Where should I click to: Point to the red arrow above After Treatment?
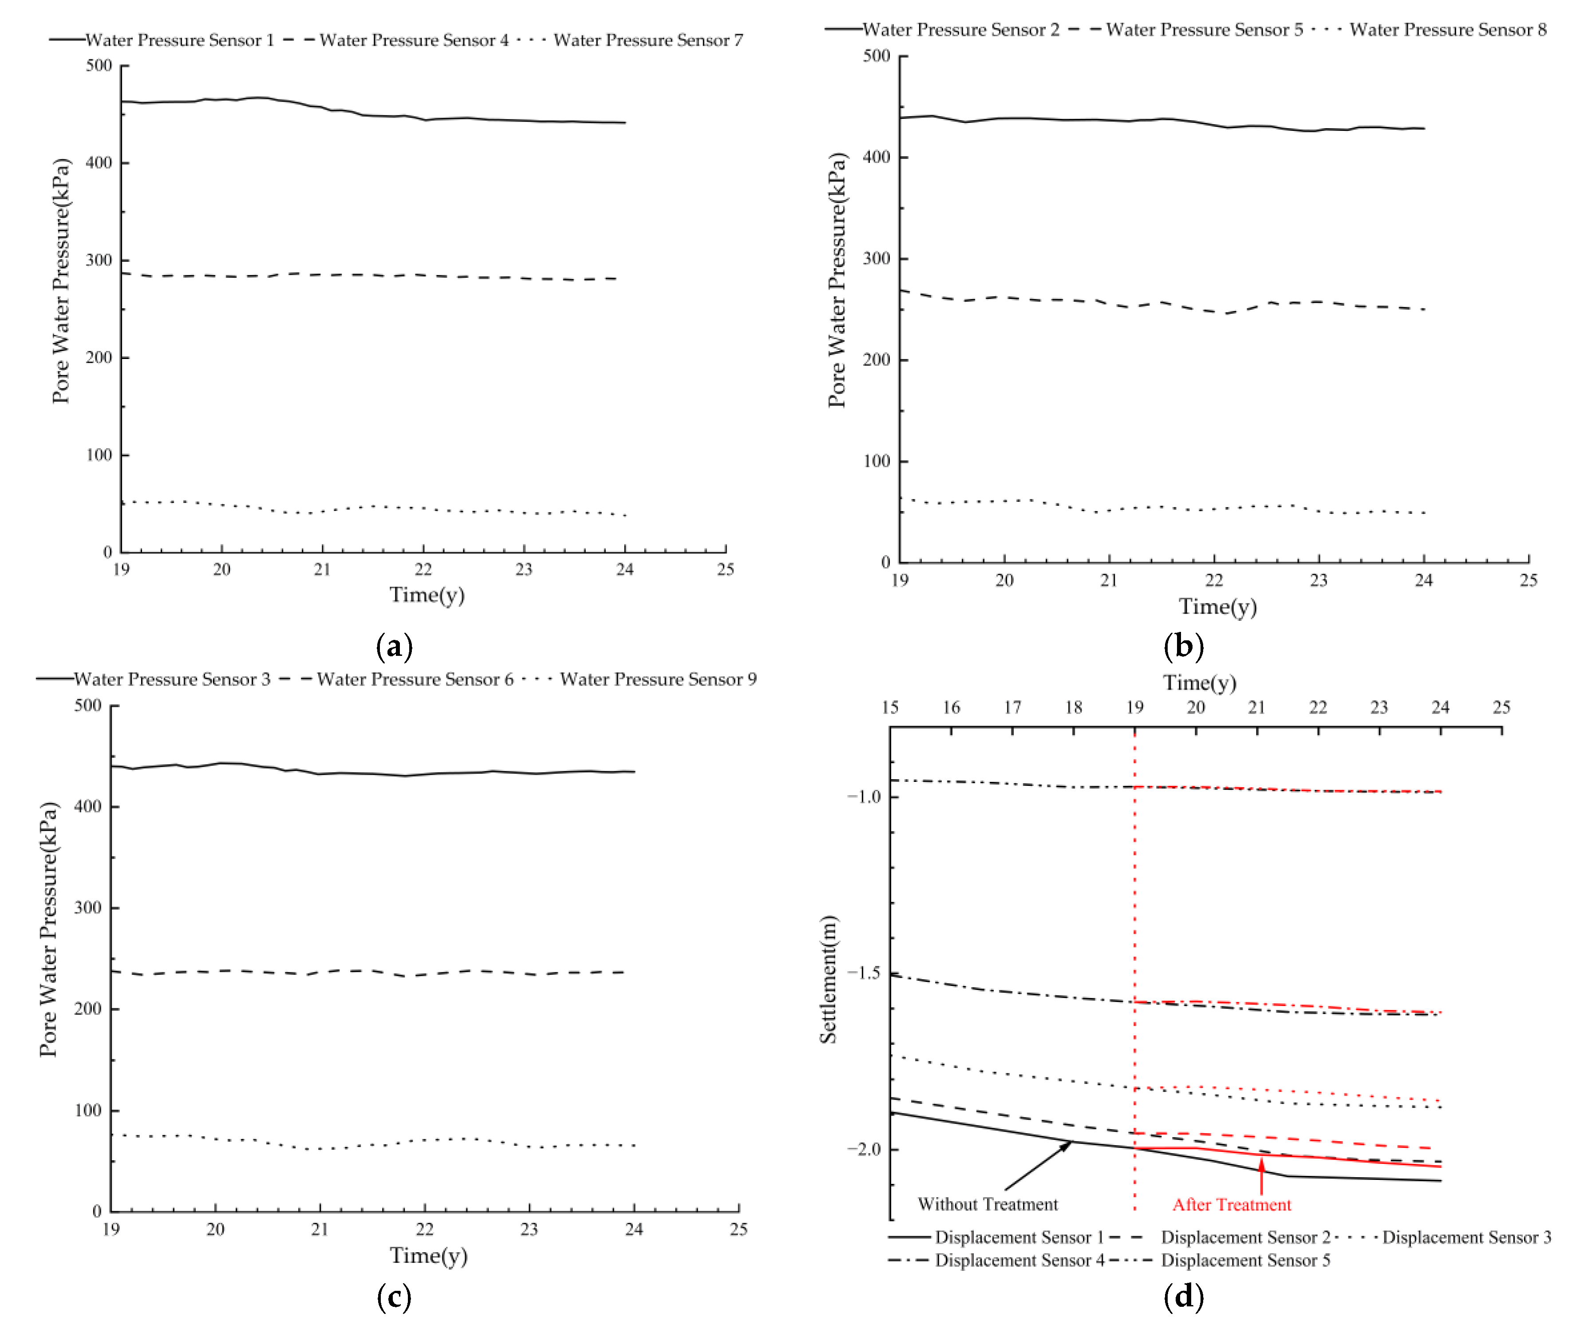pos(1261,1175)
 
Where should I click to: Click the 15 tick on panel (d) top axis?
pos(890,707)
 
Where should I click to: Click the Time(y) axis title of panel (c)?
pos(428,1255)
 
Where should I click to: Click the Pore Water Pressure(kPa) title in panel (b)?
pos(837,280)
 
